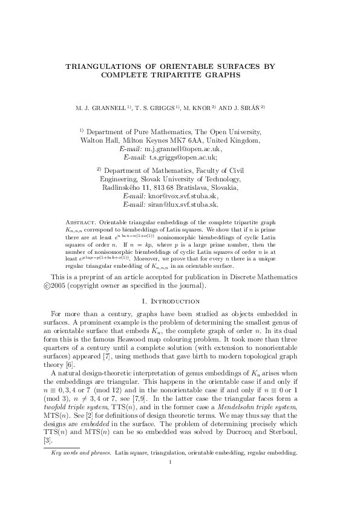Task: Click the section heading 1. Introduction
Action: point(180,300)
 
